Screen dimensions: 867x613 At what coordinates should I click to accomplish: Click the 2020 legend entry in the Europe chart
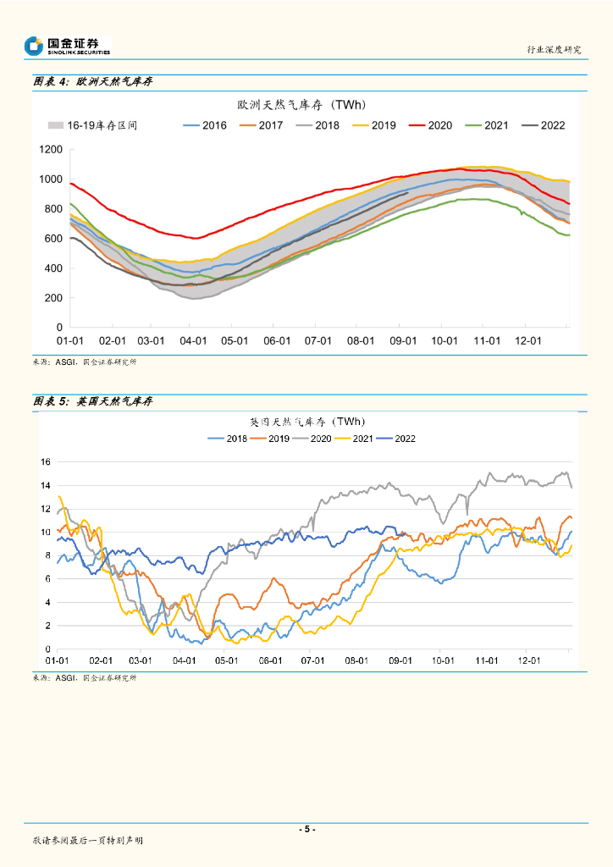(x=430, y=125)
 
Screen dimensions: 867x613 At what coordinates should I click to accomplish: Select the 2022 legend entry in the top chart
(x=543, y=125)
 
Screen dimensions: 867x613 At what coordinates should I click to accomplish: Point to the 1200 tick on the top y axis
(x=52, y=150)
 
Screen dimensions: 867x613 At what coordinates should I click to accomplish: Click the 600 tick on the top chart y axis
(x=54, y=239)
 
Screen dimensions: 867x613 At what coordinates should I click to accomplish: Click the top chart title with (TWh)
(x=301, y=105)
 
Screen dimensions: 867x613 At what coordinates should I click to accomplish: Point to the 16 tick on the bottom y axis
(x=47, y=462)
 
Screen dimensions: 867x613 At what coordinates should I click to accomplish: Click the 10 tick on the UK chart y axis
(x=47, y=533)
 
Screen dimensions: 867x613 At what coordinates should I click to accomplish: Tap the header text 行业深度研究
(x=555, y=50)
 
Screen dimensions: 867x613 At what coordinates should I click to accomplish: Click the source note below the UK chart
(x=84, y=678)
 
